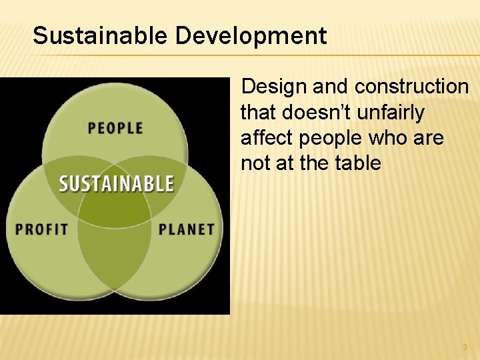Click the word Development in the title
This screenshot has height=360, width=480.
pos(251,35)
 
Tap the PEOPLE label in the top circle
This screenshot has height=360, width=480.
pos(115,127)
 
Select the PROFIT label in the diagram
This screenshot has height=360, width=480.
pos(42,229)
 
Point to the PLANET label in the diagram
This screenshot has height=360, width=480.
pos(187,229)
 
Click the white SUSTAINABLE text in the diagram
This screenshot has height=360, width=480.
pos(116,184)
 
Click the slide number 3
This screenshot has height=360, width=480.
pos(465,347)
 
